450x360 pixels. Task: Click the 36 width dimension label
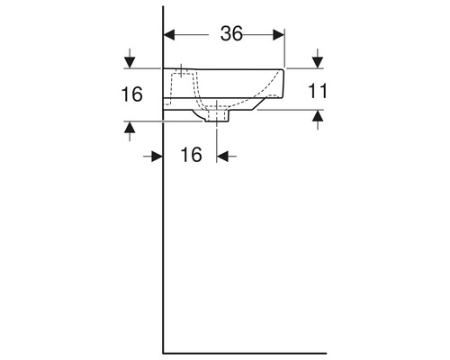[x=232, y=34]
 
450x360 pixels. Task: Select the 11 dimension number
[x=316, y=90]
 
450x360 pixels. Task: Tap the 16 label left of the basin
[x=133, y=94]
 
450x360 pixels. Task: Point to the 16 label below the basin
[x=191, y=155]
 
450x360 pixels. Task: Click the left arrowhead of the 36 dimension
[x=170, y=34]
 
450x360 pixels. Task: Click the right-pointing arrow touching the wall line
[x=155, y=155]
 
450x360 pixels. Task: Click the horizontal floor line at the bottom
[x=243, y=352]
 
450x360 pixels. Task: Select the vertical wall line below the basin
[x=163, y=234]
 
